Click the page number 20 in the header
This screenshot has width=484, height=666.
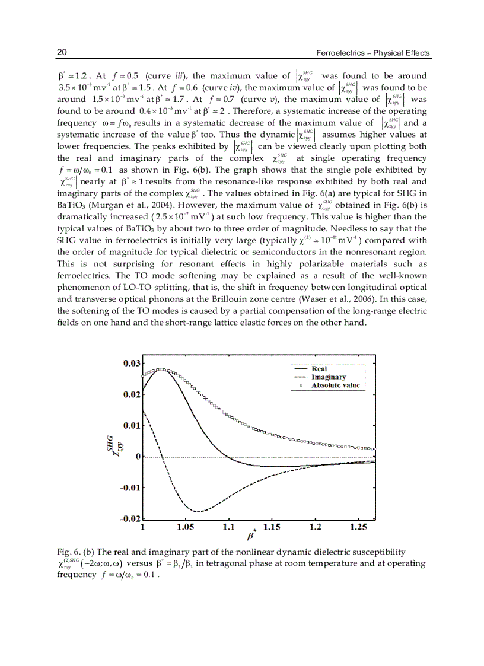pos(61,53)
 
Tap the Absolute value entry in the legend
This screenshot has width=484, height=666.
pos(335,385)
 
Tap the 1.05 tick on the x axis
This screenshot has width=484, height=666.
pos(185,527)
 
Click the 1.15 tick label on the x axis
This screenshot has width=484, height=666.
pos(272,527)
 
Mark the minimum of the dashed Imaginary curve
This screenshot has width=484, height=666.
pos(199,511)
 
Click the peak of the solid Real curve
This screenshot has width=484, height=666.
pos(161,369)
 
